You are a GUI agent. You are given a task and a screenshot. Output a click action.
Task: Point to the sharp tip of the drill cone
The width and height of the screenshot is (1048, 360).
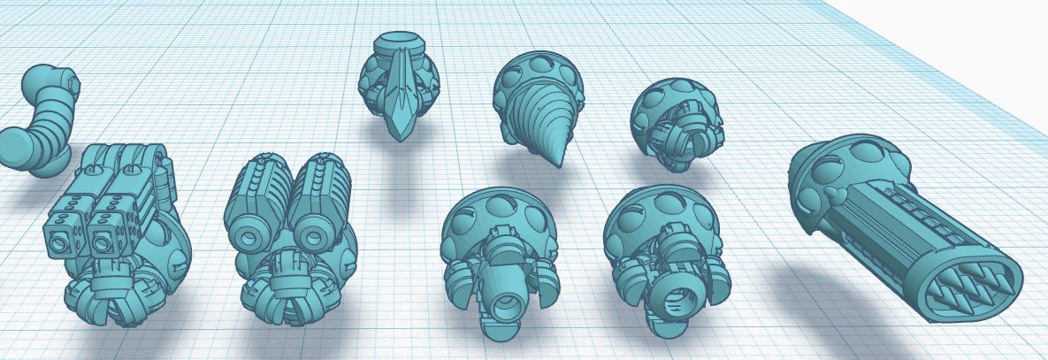coord(560,163)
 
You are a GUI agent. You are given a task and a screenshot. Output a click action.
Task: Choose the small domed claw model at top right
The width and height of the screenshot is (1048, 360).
coord(677,120)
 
